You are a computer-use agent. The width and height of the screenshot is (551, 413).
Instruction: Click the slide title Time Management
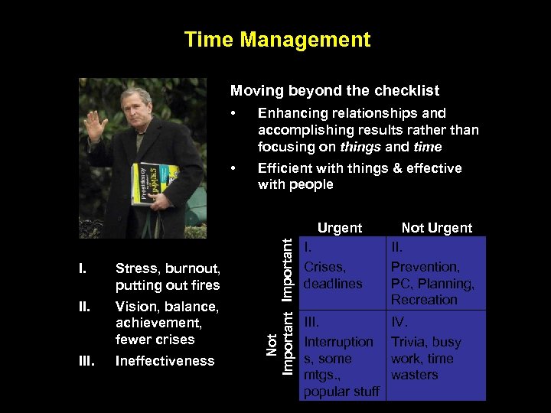click(x=277, y=40)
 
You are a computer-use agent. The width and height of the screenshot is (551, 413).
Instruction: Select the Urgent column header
click(x=340, y=227)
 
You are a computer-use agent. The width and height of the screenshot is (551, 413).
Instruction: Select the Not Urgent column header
click(x=437, y=227)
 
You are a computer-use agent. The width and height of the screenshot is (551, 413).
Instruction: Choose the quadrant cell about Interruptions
click(x=342, y=355)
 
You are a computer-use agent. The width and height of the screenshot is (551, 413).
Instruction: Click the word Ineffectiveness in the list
click(x=165, y=361)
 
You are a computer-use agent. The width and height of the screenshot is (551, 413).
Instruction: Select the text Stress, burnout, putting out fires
click(x=168, y=277)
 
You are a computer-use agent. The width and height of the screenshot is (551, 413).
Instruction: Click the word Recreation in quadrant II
click(x=424, y=300)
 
